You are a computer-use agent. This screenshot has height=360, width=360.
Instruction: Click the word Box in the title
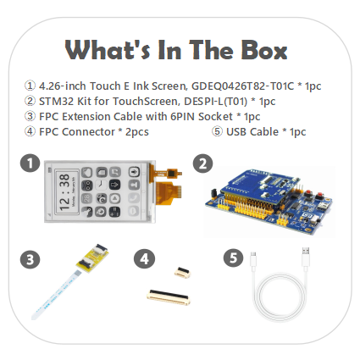point(264,50)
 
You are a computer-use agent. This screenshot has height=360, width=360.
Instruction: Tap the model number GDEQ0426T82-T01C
point(243,86)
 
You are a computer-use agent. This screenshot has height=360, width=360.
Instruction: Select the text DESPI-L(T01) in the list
point(216,101)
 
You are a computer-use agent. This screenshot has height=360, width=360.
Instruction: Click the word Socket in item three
point(215,116)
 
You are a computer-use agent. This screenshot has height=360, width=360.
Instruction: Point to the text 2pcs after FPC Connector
point(137,132)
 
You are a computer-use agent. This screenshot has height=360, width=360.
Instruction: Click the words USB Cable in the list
point(252,131)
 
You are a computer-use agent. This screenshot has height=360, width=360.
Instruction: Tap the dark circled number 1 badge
point(30,163)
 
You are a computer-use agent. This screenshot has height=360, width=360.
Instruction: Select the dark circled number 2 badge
point(203,163)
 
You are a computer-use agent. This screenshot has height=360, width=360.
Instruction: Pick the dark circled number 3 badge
point(30,259)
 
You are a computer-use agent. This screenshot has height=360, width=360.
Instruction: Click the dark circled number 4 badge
point(144,258)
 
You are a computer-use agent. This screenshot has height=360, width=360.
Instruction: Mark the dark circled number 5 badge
point(234,258)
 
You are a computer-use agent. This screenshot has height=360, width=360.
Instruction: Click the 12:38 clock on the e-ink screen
point(64,192)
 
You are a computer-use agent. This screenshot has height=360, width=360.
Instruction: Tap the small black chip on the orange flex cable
point(172,173)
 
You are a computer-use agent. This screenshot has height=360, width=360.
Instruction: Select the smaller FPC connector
point(182,273)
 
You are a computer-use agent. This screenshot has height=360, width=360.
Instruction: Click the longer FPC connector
point(169,296)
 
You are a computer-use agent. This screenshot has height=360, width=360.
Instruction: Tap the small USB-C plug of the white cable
point(253,260)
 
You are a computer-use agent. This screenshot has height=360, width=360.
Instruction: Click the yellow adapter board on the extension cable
point(92,258)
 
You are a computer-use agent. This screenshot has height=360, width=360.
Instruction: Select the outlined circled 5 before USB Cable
point(217,131)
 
